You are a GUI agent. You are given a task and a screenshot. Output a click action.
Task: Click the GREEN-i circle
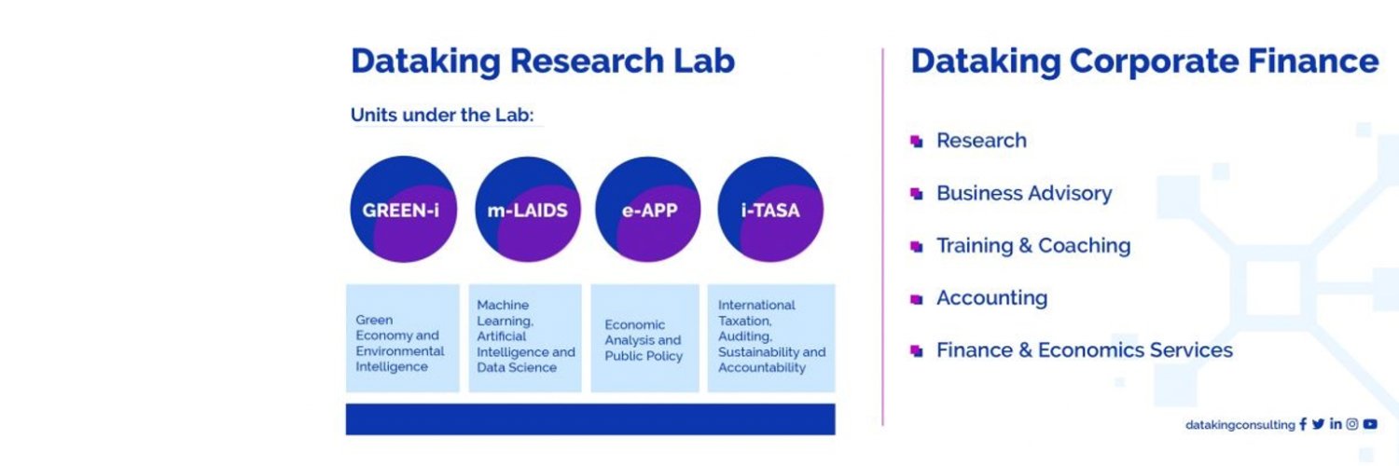click(x=403, y=210)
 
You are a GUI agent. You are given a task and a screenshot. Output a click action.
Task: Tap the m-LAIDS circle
click(x=528, y=210)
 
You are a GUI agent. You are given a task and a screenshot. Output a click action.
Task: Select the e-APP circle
click(x=648, y=210)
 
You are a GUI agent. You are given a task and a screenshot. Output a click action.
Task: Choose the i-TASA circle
click(x=770, y=210)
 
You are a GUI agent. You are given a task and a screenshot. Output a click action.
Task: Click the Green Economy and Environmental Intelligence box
click(x=402, y=338)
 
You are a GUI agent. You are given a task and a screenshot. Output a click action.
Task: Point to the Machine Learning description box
click(x=525, y=338)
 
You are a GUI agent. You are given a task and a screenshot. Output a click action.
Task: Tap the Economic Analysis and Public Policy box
click(x=644, y=338)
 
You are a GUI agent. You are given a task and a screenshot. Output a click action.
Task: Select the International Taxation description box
click(x=771, y=338)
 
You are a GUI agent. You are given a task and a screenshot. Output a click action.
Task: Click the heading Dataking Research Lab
click(x=543, y=62)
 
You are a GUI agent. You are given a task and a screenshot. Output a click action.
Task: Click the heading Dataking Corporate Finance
click(x=1144, y=62)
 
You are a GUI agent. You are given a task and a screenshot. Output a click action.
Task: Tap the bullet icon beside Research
click(x=916, y=142)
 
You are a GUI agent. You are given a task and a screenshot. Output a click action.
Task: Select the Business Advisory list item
click(x=1023, y=193)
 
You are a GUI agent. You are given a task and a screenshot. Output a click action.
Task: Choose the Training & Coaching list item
click(x=1032, y=245)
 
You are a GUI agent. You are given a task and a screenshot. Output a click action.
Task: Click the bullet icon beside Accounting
click(x=916, y=299)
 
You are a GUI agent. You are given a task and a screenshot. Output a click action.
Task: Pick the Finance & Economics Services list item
click(x=1084, y=350)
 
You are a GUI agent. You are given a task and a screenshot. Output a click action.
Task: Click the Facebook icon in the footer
click(x=1303, y=424)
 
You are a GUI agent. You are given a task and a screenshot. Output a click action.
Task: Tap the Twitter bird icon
click(x=1318, y=424)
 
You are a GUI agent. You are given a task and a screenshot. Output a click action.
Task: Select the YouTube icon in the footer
click(x=1369, y=424)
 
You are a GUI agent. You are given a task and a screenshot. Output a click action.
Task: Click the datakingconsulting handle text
click(x=1240, y=425)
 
